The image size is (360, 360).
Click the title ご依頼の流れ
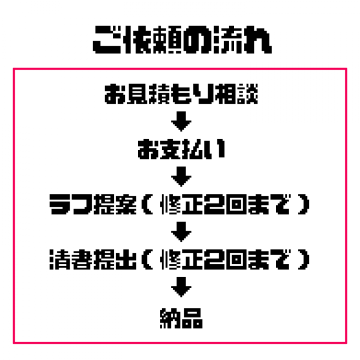(182, 39)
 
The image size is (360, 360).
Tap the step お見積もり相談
(181, 94)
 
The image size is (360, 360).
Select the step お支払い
(181, 149)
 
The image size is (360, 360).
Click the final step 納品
(181, 318)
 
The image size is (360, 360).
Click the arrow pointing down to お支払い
(181, 121)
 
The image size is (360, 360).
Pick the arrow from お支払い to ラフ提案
(181, 176)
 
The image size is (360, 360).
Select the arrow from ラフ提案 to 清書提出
(181, 231)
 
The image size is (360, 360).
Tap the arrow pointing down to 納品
(181, 287)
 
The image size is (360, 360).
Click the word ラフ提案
(93, 204)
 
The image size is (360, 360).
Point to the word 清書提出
(93, 259)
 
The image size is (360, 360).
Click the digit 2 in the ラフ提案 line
(214, 204)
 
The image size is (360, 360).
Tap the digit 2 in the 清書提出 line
(214, 259)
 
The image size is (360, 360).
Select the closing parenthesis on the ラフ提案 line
(304, 204)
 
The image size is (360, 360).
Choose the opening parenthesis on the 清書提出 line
(147, 259)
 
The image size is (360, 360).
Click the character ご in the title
(107, 39)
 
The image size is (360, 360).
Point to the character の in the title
(197, 39)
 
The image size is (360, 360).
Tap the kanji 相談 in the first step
(236, 94)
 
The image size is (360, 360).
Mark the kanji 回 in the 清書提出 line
(236, 259)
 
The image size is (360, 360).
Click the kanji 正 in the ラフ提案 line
(192, 204)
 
